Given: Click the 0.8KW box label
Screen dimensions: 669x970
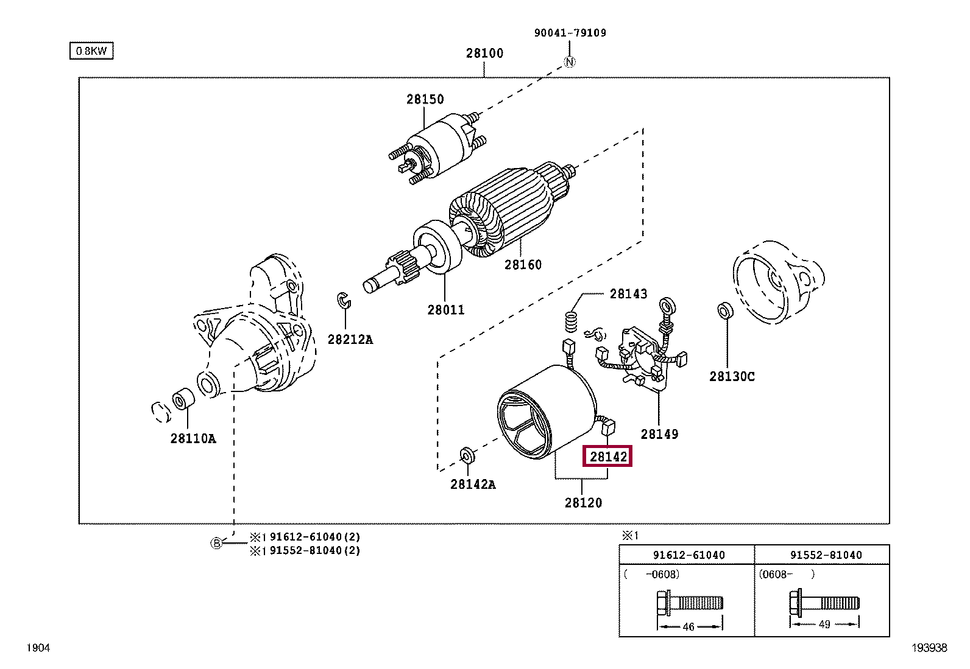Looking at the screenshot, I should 91,51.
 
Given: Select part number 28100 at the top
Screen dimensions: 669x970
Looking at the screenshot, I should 484,53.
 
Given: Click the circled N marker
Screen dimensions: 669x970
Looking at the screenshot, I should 570,61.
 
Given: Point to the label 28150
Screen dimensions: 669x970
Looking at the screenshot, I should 425,99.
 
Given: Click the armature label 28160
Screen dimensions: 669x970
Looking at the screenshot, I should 522,265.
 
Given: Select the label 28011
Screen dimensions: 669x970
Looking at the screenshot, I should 445,310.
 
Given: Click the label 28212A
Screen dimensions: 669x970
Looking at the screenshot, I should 350,339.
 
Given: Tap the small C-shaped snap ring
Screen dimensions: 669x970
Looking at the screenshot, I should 343,299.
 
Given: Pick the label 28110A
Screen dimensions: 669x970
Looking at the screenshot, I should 193,438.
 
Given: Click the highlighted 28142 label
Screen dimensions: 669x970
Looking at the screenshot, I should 608,457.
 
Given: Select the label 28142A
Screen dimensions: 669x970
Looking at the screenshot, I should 473,485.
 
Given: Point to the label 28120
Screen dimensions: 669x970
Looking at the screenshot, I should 582,503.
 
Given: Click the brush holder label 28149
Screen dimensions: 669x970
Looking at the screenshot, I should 659,434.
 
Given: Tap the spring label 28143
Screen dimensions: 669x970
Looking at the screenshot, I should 628,294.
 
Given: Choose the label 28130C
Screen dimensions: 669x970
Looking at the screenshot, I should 731,376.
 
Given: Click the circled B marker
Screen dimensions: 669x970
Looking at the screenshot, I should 216,544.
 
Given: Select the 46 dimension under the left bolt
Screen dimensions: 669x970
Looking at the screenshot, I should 689,626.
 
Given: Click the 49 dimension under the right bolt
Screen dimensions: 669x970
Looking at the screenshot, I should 824,625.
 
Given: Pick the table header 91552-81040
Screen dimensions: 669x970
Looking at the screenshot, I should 826,555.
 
